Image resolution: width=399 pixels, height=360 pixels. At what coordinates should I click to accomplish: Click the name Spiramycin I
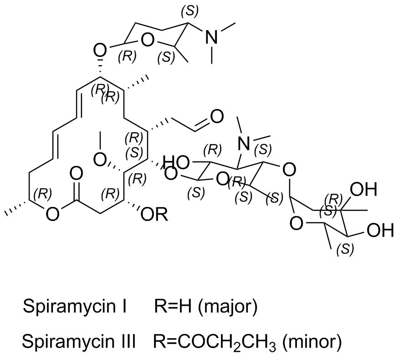click(x=75, y=306)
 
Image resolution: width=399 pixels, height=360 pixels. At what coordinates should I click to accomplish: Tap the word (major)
click(x=228, y=307)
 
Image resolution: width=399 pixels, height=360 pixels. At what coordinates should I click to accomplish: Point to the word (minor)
click(x=312, y=341)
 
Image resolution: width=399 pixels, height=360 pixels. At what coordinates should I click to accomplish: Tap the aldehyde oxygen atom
click(x=216, y=117)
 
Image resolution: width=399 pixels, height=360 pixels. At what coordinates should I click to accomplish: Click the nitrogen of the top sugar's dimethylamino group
click(x=211, y=37)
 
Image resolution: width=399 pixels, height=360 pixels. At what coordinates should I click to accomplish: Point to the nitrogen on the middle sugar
click(x=244, y=144)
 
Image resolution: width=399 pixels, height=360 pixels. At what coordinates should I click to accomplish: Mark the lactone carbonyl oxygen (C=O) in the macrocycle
click(x=76, y=175)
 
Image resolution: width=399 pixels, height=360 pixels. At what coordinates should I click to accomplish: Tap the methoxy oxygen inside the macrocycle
click(x=100, y=160)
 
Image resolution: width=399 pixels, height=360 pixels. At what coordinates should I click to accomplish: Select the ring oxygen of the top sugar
click(x=148, y=40)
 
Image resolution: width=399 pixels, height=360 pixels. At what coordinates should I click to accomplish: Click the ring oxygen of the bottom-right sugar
click(x=297, y=224)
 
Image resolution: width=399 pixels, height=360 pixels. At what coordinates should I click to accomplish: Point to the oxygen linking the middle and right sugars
click(x=289, y=170)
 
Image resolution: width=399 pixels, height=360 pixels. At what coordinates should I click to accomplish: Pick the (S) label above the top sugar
click(x=189, y=11)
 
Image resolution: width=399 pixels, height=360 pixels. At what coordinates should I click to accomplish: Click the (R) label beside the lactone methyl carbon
click(x=43, y=195)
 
